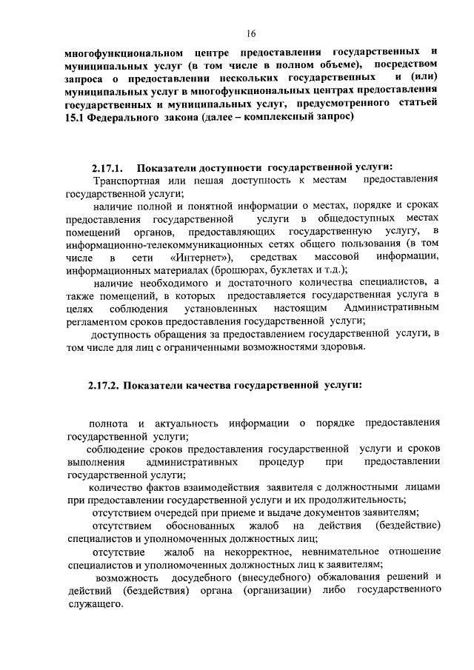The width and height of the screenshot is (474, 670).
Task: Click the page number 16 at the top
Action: (251, 33)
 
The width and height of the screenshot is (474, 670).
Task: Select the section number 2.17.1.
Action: (107, 167)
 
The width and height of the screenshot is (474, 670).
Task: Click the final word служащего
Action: (93, 603)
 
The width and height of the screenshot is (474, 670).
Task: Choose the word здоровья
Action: (341, 347)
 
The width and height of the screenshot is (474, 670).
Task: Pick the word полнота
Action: (107, 422)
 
